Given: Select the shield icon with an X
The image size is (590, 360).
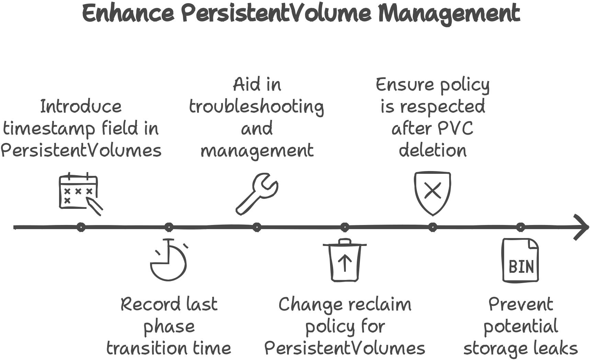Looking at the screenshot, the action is click(x=432, y=194).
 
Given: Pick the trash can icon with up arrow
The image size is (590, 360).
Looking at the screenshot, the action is click(x=345, y=260).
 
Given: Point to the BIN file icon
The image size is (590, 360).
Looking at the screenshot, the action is click(x=520, y=260).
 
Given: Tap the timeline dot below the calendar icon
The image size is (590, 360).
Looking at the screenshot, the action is click(x=81, y=227).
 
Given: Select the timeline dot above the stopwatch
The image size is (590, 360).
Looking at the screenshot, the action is click(x=169, y=227).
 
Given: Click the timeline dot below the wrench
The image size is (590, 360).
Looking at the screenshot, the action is click(x=257, y=227).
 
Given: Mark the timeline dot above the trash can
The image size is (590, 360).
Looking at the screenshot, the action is click(x=345, y=227).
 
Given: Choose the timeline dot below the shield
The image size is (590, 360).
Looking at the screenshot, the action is click(x=433, y=227).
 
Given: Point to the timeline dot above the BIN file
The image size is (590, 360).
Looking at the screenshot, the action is click(x=521, y=227).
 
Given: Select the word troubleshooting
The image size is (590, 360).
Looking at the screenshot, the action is click(x=257, y=107).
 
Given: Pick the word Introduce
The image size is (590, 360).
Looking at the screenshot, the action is click(x=81, y=106).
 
